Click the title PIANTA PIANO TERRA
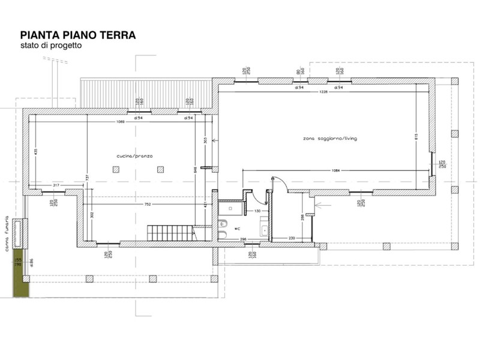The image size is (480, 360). (78, 35)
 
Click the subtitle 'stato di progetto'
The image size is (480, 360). (50, 46)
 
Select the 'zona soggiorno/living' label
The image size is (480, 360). (330, 139)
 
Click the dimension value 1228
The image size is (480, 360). (325, 92)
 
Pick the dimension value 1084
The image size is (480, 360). (335, 170)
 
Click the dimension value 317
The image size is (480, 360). (56, 185)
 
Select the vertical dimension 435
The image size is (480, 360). (35, 152)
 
